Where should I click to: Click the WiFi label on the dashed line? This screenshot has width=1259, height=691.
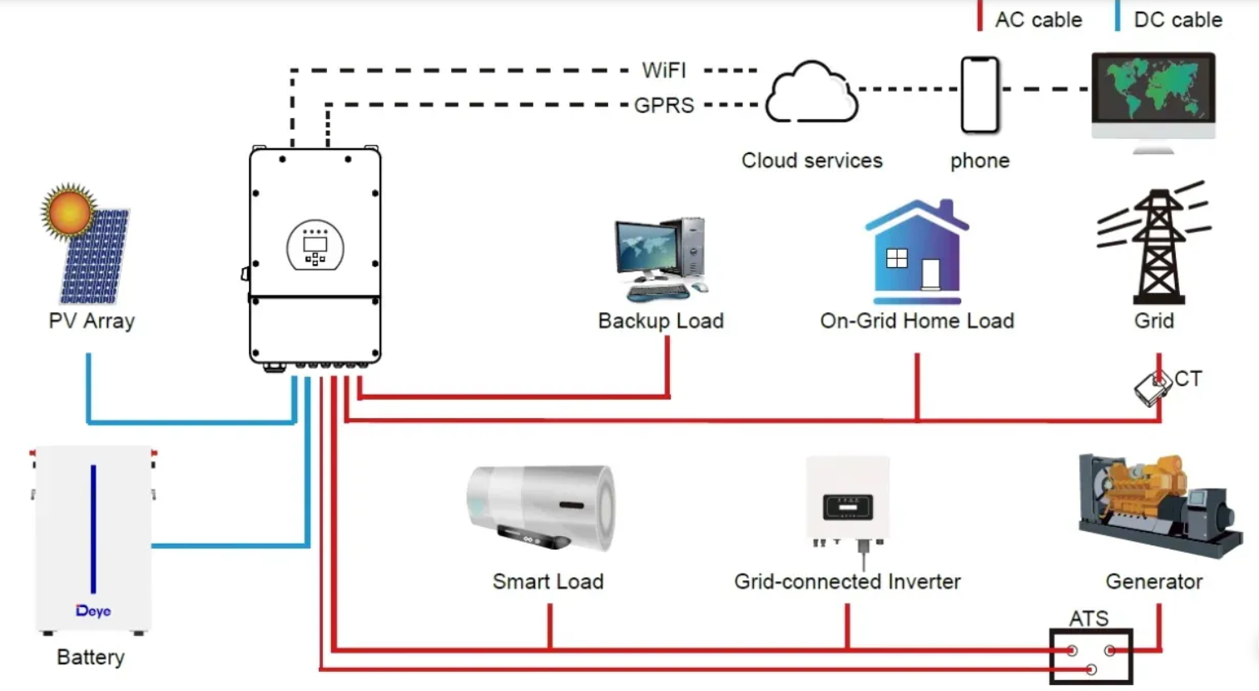663,70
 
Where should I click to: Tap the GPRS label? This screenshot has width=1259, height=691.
663,106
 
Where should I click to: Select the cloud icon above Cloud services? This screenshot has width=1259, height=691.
810,93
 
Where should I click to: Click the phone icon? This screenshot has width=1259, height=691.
979,95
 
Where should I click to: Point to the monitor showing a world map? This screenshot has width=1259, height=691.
1152,96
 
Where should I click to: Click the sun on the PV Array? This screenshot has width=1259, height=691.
68,211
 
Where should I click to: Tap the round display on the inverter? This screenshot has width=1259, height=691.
315,246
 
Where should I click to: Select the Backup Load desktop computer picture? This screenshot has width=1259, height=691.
662,259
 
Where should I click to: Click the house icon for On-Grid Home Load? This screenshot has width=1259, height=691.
917,252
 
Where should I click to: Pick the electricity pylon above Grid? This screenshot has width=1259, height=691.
1155,246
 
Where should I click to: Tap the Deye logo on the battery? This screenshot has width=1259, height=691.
93,610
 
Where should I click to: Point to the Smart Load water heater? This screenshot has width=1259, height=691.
542,508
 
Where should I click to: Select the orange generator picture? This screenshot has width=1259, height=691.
1159,504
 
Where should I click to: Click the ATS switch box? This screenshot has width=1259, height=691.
1090,656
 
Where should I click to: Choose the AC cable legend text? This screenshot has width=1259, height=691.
1038,20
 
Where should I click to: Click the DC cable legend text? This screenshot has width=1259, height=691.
1177,20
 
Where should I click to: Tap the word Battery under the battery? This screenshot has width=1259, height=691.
91,657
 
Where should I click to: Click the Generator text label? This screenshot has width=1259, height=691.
1153,581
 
